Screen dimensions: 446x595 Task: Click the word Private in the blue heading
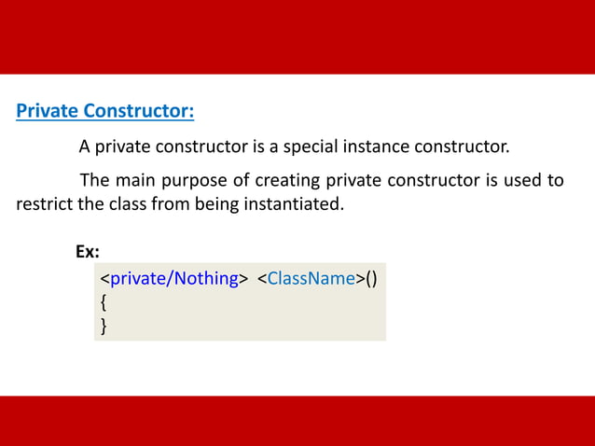[47, 112]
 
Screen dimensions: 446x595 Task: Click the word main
[141, 180]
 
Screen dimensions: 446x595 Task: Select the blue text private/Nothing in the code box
[174, 279]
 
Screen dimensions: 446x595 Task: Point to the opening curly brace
[104, 302]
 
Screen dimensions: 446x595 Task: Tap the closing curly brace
[104, 326]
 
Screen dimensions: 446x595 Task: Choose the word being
[214, 203]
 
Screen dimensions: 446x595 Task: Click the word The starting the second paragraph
[96, 180]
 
